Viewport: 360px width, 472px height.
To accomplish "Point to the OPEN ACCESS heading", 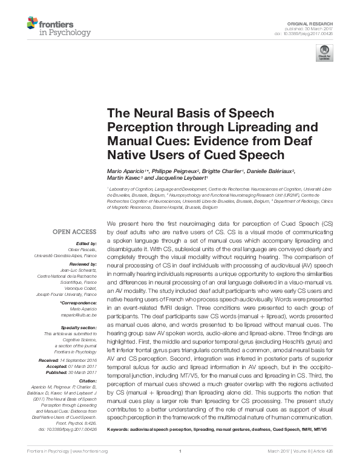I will tap(75, 232).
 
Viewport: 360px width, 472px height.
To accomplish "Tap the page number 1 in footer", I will tap(180, 468).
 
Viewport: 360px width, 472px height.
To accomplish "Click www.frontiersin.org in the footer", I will tap(90, 468).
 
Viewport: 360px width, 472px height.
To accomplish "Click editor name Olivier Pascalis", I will tap(86, 249).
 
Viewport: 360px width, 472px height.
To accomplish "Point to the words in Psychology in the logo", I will tap(64, 32).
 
